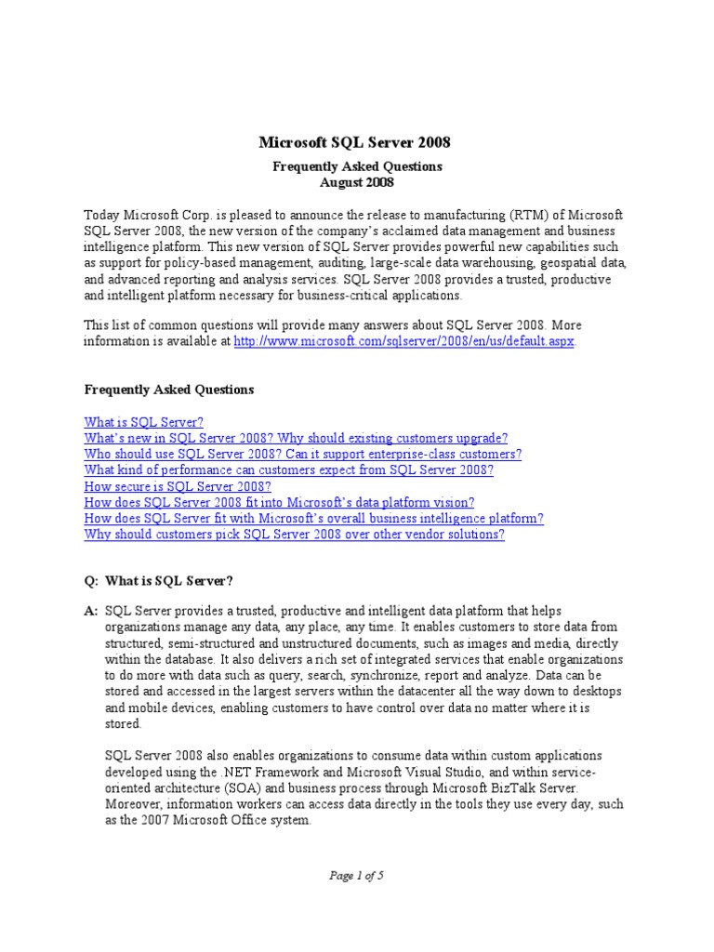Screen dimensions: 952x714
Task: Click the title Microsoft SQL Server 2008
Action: point(353,142)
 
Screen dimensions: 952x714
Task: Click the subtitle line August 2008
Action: point(357,182)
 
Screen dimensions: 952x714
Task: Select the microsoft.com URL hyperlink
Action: point(404,341)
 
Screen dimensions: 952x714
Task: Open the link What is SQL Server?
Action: point(143,421)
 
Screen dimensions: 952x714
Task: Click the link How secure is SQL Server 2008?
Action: point(178,486)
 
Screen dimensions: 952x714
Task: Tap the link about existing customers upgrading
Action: point(296,438)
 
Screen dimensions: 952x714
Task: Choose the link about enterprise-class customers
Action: point(302,454)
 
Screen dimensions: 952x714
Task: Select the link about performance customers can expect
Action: point(288,470)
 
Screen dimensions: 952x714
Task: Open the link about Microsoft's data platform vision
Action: point(279,503)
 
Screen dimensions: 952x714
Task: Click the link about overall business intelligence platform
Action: point(313,519)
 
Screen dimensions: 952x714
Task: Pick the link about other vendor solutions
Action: point(294,535)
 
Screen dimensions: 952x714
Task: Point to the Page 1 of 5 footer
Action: point(357,875)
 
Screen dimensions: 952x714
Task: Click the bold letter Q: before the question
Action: point(90,581)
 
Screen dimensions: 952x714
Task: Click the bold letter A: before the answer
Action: point(90,611)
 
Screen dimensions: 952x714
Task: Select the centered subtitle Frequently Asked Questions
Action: point(357,166)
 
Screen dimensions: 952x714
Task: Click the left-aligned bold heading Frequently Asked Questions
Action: point(169,390)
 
